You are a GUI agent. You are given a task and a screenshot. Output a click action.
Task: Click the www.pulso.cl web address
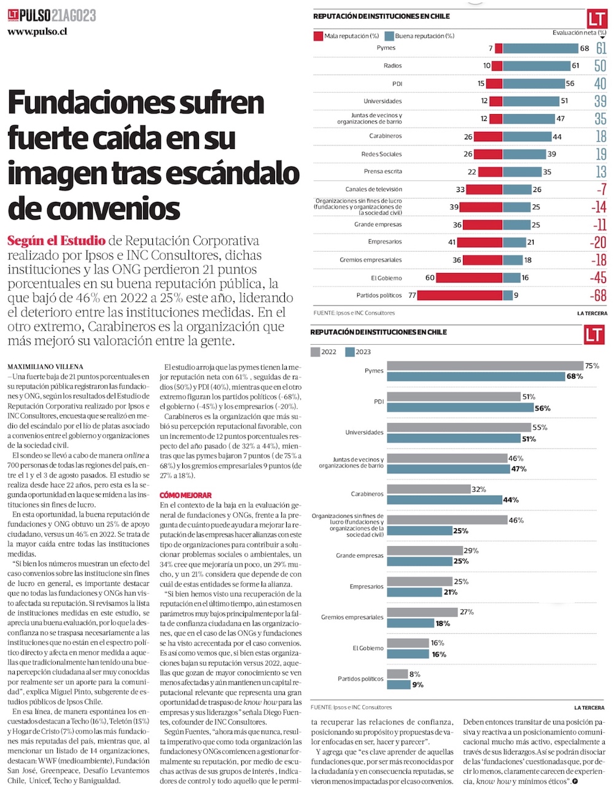(37, 32)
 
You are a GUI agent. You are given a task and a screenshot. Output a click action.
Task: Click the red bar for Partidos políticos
(459, 296)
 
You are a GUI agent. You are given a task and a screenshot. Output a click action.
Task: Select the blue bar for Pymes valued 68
(540, 48)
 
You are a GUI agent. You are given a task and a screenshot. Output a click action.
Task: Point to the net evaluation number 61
(600, 48)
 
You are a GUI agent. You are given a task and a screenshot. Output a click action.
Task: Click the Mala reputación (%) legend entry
(346, 36)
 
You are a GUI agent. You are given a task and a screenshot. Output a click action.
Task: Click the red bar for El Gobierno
(469, 278)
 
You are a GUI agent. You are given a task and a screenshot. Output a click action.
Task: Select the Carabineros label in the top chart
(386, 136)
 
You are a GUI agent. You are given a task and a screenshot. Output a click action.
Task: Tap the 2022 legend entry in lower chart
(324, 352)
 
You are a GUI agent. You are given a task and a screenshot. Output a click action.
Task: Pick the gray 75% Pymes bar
(485, 366)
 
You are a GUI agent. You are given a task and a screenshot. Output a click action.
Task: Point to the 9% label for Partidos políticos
(418, 685)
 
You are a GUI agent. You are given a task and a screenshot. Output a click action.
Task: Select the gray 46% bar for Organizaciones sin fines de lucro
(447, 520)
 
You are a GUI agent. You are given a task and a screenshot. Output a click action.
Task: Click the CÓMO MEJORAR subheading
(185, 495)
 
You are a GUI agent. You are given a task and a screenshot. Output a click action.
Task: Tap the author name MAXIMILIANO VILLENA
(45, 367)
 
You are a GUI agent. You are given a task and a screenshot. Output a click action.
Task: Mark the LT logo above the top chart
(596, 19)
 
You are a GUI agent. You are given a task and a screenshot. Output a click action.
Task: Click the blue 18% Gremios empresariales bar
(410, 623)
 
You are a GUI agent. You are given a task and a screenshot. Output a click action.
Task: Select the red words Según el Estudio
(56, 241)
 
